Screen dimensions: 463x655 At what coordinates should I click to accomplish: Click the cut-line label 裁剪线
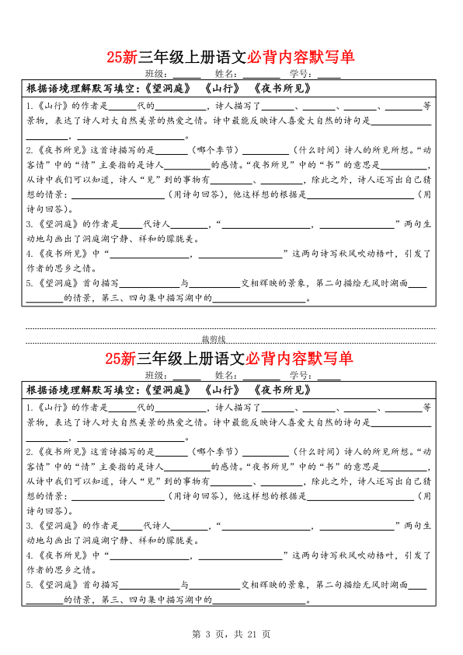pyautogui.click(x=213, y=338)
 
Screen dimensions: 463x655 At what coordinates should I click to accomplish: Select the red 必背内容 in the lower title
pyautogui.click(x=275, y=359)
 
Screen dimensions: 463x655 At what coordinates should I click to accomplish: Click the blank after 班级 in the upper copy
pyautogui.click(x=188, y=74)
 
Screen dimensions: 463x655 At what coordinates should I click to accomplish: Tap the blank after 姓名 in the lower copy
pyautogui.click(x=262, y=376)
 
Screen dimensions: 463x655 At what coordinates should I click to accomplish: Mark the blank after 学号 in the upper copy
pyautogui.click(x=329, y=74)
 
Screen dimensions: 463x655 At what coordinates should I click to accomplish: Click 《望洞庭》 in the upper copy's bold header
pyautogui.click(x=167, y=88)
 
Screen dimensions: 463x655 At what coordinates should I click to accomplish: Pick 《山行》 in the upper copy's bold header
pyautogui.click(x=222, y=88)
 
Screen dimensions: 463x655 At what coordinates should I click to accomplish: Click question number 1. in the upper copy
pyautogui.click(x=30, y=106)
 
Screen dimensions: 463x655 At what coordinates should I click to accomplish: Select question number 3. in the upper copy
pyautogui.click(x=30, y=223)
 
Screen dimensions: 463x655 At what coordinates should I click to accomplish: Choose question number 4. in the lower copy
pyautogui.click(x=30, y=555)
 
